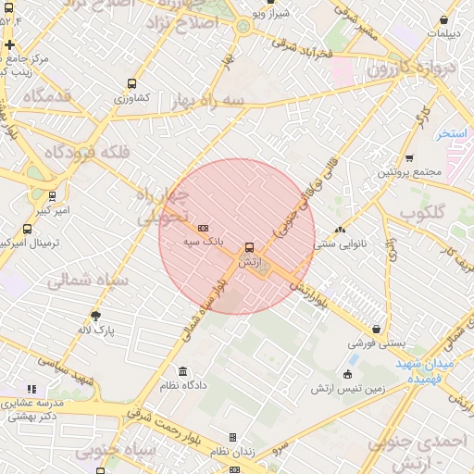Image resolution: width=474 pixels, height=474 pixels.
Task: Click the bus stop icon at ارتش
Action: tap(249, 247)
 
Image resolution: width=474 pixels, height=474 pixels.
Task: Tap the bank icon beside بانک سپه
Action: tap(203, 228)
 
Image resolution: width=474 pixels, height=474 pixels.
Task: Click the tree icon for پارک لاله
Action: tap(95, 316)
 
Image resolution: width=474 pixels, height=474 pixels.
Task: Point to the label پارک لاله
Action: tap(95, 330)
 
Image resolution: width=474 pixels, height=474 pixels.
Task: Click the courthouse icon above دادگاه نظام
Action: tap(182, 370)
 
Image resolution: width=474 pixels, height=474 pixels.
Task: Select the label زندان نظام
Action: tap(232, 451)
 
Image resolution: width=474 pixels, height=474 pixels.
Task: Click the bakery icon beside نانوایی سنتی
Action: tap(340, 230)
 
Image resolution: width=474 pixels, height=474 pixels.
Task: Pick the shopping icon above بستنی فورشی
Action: tap(377, 329)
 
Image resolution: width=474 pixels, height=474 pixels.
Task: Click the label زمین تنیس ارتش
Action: tap(347, 388)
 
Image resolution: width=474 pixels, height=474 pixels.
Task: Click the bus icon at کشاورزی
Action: tap(131, 83)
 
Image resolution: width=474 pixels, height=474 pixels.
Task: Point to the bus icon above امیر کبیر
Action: tap(52, 196)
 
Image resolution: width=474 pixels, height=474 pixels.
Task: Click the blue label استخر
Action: tap(452, 133)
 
